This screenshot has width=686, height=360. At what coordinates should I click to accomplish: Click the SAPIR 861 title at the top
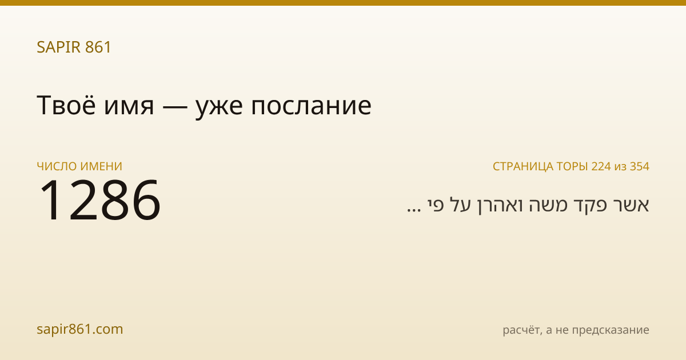(74, 47)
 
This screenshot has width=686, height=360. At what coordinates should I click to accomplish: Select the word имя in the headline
(129, 108)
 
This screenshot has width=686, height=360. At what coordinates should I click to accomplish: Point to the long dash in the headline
(174, 107)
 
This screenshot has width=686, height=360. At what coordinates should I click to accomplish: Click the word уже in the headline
(219, 109)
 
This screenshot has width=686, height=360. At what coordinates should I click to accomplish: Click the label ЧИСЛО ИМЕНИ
(79, 166)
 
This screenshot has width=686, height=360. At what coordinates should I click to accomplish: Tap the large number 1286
(100, 199)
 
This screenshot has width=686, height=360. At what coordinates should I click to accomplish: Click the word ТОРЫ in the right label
(572, 166)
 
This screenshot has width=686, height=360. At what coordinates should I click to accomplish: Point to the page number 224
(601, 166)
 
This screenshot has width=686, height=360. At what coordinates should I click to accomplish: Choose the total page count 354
(640, 166)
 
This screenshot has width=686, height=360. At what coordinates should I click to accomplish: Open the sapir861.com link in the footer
(79, 329)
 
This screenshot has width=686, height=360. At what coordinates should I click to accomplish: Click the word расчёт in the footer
(523, 330)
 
